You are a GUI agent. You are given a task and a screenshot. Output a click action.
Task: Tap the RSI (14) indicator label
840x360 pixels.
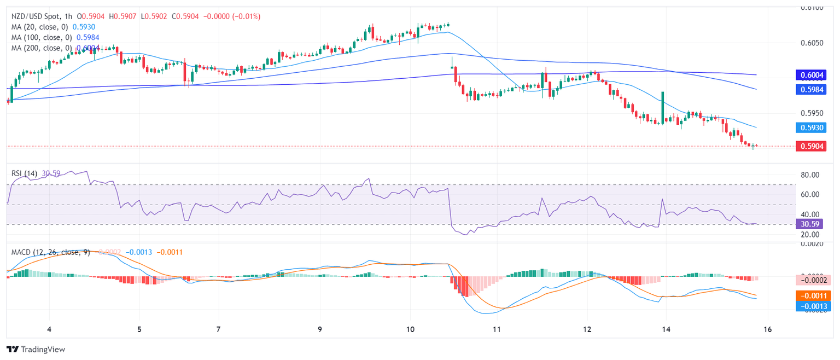(25, 173)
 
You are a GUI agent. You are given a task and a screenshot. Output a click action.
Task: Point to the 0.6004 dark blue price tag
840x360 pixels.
(812, 75)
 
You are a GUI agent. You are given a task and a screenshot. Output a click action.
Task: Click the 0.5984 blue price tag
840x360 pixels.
(812, 89)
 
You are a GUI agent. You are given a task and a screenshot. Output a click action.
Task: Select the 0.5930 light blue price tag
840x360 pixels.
(812, 127)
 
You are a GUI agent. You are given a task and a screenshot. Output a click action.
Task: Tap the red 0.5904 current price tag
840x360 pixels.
(812, 146)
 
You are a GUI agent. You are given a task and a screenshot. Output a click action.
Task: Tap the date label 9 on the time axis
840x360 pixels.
(320, 330)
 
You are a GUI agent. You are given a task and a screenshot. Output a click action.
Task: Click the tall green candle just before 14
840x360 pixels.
(662, 107)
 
